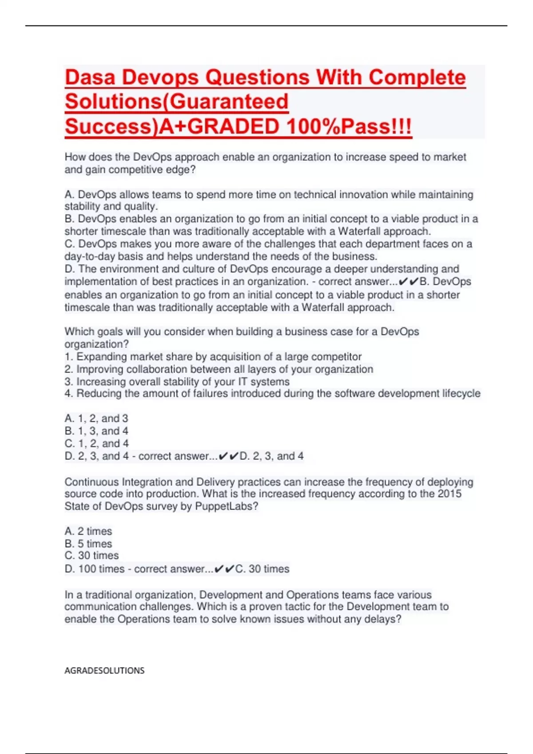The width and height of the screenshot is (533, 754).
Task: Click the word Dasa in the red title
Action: click(x=90, y=78)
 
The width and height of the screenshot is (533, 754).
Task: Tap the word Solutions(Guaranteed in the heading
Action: click(x=177, y=102)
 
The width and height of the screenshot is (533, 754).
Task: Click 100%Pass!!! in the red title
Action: click(x=349, y=127)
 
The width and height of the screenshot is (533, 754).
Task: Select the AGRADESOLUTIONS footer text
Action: click(x=104, y=671)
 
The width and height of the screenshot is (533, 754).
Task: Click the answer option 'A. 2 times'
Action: click(x=88, y=531)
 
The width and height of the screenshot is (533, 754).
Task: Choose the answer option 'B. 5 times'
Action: click(x=88, y=544)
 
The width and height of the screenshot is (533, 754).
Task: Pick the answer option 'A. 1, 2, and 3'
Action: click(x=96, y=418)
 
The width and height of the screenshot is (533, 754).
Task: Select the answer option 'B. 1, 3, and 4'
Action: click(x=96, y=431)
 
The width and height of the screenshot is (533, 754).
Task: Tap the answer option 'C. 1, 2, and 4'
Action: click(x=97, y=443)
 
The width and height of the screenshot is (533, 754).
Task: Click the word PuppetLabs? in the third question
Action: click(x=227, y=507)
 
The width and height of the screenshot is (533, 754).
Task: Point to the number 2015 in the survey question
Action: click(x=449, y=494)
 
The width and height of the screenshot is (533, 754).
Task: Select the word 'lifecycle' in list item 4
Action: click(x=461, y=393)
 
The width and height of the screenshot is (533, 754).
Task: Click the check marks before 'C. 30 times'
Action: click(x=224, y=569)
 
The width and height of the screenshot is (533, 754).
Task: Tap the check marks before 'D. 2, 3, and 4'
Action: click(x=228, y=456)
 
